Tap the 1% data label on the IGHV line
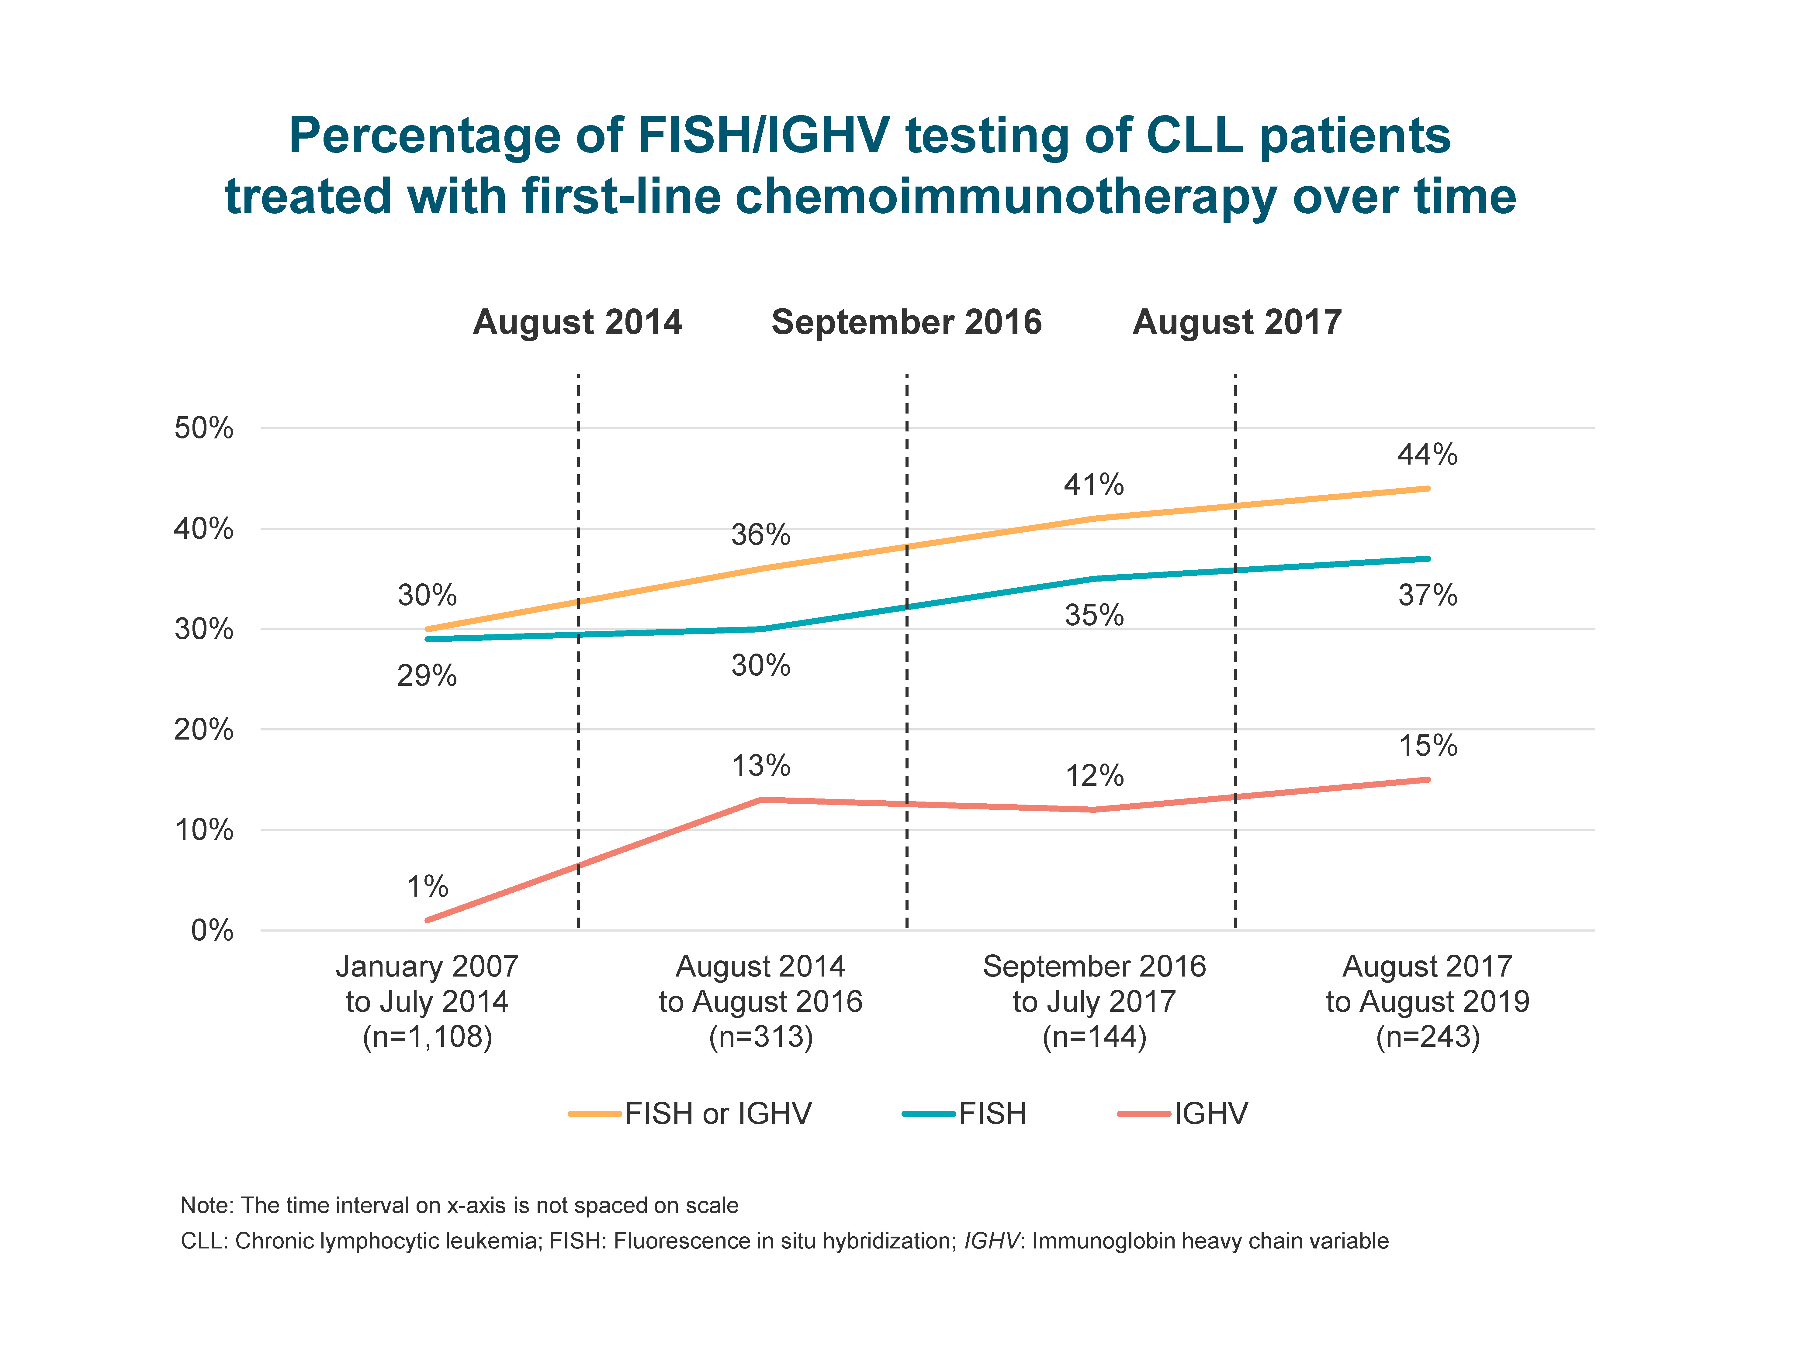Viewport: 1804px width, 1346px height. click(x=427, y=887)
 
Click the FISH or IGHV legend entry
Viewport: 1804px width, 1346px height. click(x=717, y=1114)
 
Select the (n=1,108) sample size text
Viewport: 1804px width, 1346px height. click(x=427, y=1037)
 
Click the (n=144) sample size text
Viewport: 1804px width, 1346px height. click(x=1094, y=1037)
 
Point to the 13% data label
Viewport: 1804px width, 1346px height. click(x=760, y=766)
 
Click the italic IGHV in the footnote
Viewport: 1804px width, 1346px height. click(x=990, y=1241)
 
